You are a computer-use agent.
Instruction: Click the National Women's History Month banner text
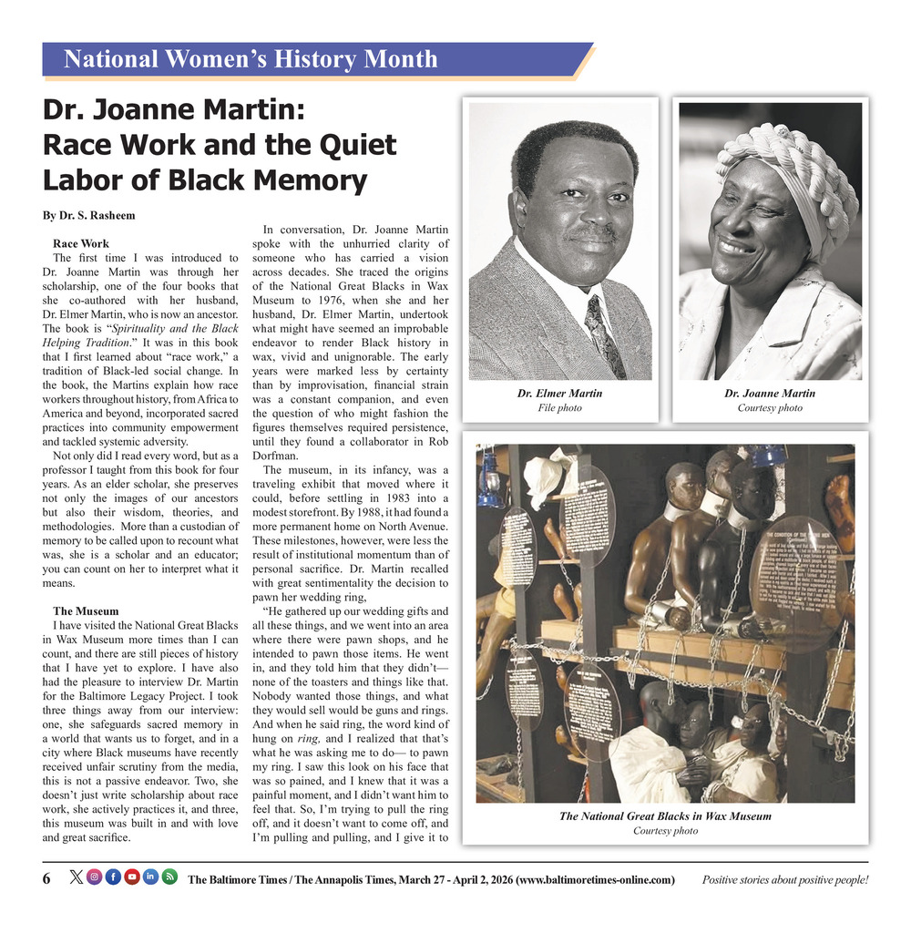tap(251, 60)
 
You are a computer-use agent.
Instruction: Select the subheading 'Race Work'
tap(81, 243)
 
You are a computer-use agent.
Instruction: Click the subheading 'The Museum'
tap(85, 610)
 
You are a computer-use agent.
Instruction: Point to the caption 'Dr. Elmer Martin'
tap(559, 394)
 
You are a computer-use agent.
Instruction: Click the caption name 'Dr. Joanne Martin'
tap(770, 394)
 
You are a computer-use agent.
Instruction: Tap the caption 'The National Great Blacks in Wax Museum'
tap(665, 816)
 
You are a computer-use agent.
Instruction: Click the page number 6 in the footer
tap(46, 878)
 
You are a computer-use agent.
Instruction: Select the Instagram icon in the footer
tap(94, 877)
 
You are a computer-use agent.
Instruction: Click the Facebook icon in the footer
tap(113, 877)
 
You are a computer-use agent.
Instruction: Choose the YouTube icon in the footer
tap(132, 877)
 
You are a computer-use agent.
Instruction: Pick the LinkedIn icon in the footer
tap(150, 877)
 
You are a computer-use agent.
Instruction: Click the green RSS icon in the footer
tap(169, 877)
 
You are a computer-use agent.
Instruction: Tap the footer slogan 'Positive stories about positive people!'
tap(784, 879)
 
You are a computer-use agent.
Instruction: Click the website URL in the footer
tap(595, 879)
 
